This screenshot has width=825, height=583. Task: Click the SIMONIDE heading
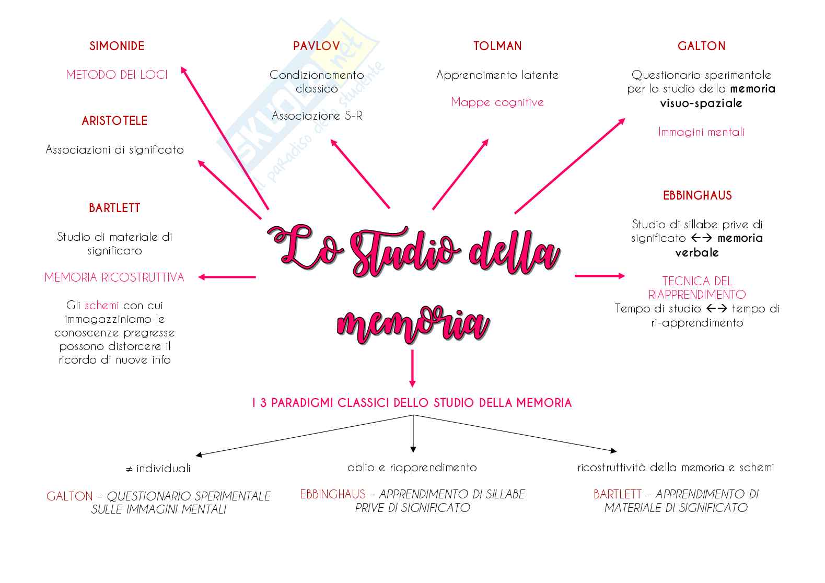tap(117, 46)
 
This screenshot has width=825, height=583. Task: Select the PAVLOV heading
tap(316, 46)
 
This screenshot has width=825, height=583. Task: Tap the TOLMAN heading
tap(497, 46)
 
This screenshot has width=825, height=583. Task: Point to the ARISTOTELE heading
tap(114, 121)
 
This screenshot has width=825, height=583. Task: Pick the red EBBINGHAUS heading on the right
tap(697, 195)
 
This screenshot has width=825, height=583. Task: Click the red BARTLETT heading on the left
tap(114, 208)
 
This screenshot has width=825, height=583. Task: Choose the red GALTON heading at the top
tap(701, 46)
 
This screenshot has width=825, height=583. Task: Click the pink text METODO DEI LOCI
tap(117, 75)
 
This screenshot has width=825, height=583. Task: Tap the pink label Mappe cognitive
tap(497, 102)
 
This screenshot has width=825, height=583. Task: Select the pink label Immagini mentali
tap(701, 132)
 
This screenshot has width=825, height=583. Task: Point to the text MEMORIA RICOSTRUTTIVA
tap(114, 277)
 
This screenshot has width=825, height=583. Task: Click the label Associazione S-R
tap(317, 116)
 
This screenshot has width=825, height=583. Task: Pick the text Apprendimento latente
tap(497, 75)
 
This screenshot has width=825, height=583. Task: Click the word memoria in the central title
tap(413, 324)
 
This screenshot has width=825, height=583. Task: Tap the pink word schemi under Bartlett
tap(102, 305)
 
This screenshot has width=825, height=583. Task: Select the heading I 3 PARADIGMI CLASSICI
tap(412, 403)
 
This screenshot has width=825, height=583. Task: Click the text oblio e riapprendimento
tap(412, 468)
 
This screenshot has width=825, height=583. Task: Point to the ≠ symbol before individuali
tap(129, 469)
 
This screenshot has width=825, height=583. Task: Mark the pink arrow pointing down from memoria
tap(413, 368)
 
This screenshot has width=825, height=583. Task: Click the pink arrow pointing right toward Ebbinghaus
tap(599, 276)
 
